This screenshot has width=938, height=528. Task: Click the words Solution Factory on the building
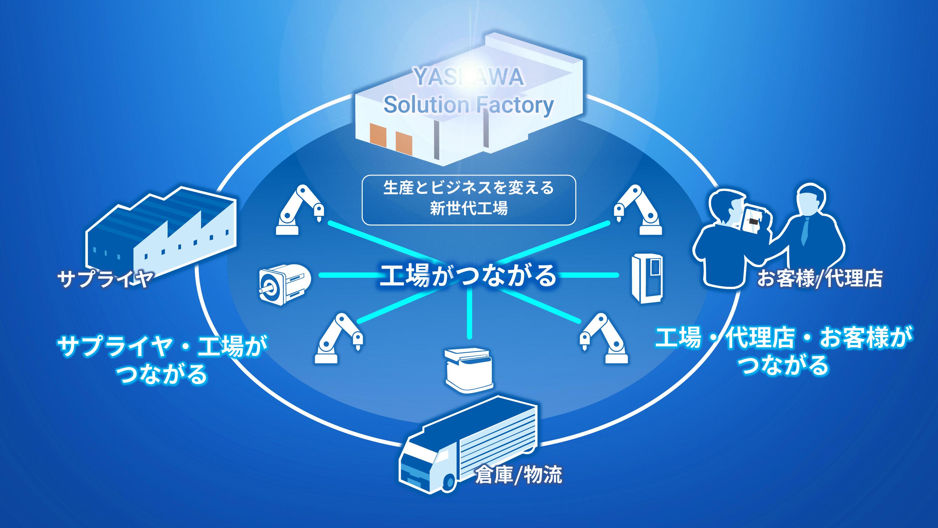(x=469, y=105)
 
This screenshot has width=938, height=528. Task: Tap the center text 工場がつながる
(x=468, y=276)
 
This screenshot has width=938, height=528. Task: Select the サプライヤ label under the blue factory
(x=104, y=279)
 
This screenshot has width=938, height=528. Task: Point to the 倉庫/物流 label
(x=518, y=475)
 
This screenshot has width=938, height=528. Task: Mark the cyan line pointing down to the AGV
(x=469, y=313)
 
